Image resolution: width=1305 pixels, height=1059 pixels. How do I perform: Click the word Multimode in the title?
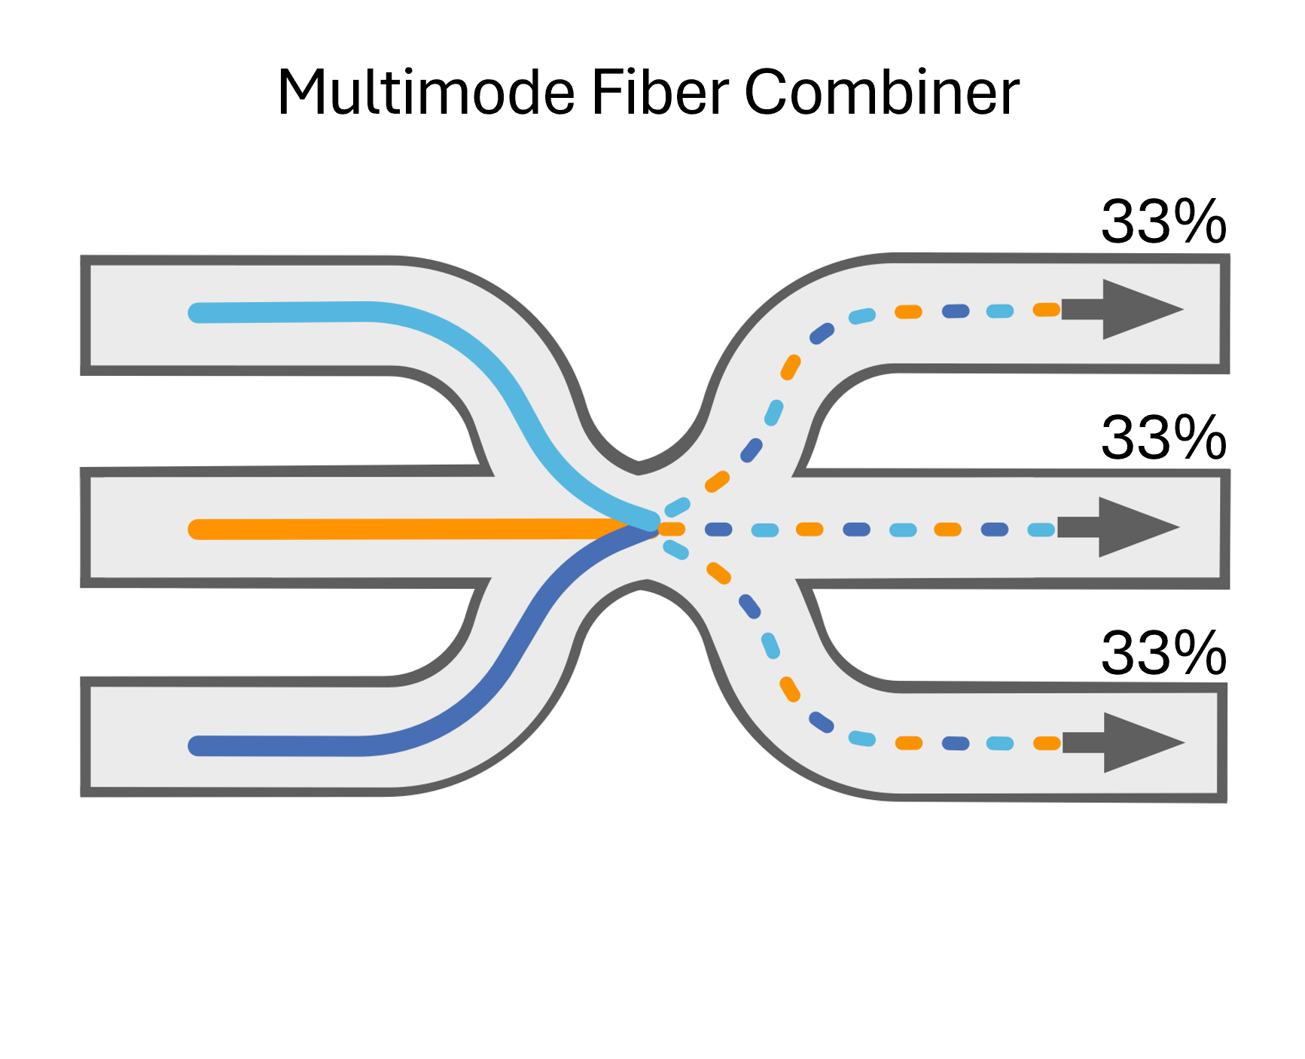[x=426, y=93]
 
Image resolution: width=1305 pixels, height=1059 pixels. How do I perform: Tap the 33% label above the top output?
[x=1163, y=222]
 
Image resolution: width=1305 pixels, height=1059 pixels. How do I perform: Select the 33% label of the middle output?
[x=1163, y=438]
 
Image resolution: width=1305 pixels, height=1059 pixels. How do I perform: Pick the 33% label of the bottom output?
[x=1163, y=653]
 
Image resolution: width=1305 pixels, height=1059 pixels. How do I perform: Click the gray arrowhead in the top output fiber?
[x=1139, y=310]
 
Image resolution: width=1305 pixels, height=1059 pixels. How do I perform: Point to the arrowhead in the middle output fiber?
[x=1134, y=527]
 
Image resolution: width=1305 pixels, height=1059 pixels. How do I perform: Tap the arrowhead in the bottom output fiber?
[x=1139, y=743]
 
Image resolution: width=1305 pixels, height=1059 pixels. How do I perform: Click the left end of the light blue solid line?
[x=198, y=313]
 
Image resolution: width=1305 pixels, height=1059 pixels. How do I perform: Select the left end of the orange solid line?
[x=198, y=529]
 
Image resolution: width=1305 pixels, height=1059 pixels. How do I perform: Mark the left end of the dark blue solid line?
[x=198, y=746]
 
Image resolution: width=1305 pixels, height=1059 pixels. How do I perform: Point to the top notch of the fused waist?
[x=639, y=467]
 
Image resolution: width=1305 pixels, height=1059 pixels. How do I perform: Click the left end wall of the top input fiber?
[x=86, y=315]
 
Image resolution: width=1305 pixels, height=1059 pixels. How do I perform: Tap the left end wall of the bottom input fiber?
[x=86, y=737]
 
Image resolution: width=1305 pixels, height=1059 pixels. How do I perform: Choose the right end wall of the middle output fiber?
[x=1224, y=529]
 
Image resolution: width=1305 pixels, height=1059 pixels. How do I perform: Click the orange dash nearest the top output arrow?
[x=1047, y=310]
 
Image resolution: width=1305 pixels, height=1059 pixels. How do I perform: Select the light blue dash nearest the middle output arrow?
[x=1041, y=529]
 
